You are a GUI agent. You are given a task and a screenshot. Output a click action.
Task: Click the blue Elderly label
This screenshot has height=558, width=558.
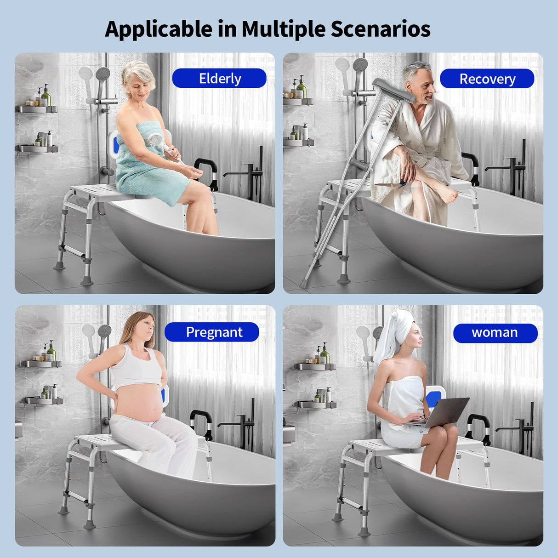(219, 79)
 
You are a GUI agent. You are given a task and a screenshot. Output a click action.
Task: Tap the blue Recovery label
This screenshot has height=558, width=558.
(487, 79)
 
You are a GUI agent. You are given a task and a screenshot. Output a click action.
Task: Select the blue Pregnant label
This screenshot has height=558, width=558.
(212, 332)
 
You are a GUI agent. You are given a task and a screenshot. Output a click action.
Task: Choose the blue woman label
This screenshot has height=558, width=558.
(495, 333)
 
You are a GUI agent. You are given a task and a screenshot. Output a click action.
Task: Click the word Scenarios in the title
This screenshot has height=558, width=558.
(381, 29)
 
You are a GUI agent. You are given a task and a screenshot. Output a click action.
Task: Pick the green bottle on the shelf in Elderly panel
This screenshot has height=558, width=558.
(46, 97)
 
